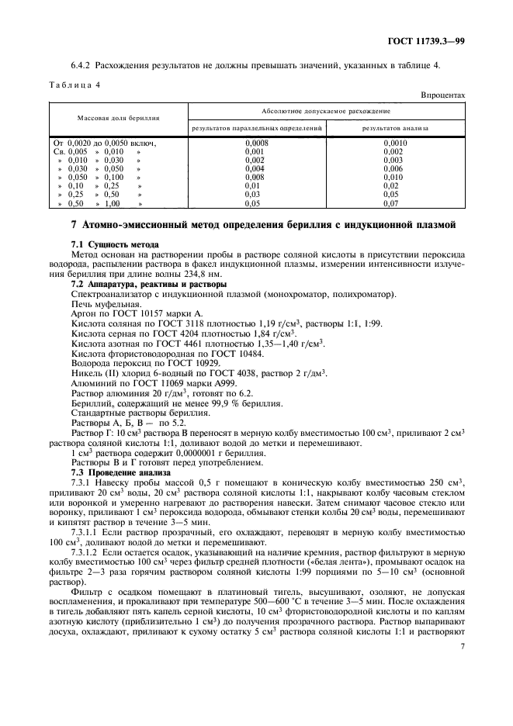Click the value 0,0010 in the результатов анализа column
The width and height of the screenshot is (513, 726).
point(394,143)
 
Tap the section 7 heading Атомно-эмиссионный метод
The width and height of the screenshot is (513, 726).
point(262,226)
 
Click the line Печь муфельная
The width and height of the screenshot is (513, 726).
point(103,304)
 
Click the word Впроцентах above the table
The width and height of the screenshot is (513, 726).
point(443,95)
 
